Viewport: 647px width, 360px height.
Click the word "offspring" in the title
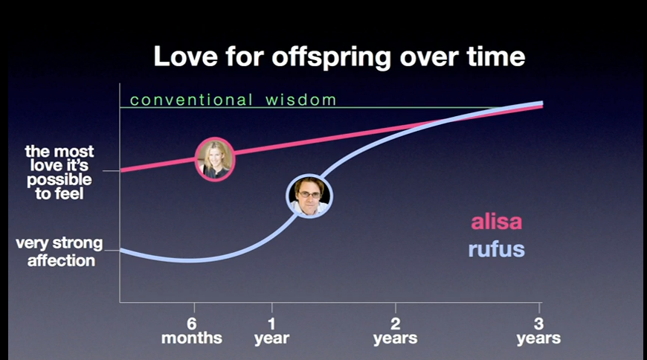pyautogui.click(x=331, y=57)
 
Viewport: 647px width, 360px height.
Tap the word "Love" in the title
pyautogui.click(x=185, y=56)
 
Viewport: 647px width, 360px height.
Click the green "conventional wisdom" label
pyautogui.click(x=233, y=100)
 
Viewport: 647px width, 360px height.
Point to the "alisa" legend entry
pyautogui.click(x=496, y=222)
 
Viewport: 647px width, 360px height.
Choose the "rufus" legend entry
pyautogui.click(x=496, y=249)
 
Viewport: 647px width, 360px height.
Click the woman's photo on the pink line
pyautogui.click(x=215, y=159)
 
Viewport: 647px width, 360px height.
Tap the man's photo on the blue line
pyautogui.click(x=309, y=196)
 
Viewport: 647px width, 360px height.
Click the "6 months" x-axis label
pyautogui.click(x=191, y=331)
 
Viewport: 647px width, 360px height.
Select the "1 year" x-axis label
pyautogui.click(x=271, y=331)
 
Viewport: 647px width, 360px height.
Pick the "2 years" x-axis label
pyautogui.click(x=396, y=331)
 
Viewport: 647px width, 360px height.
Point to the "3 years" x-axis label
pyautogui.click(x=538, y=331)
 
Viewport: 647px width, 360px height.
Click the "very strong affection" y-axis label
pyautogui.click(x=59, y=252)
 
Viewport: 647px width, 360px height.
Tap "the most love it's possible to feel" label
pyautogui.click(x=59, y=173)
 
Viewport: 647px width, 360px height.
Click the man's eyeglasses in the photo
pyautogui.click(x=309, y=194)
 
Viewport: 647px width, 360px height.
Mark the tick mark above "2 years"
pyautogui.click(x=396, y=308)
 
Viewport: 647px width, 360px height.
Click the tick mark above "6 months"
pyautogui.click(x=194, y=308)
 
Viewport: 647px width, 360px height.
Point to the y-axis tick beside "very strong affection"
pyautogui.click(x=112, y=250)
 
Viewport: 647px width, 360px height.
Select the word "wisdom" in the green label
pyautogui.click(x=301, y=100)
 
